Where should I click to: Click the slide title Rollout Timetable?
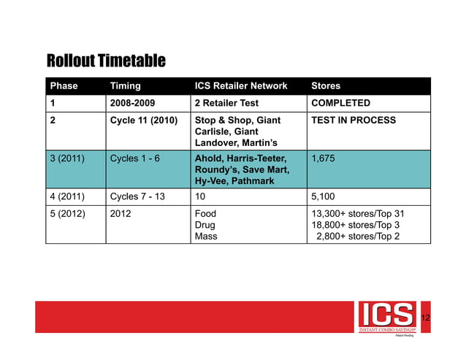pyautogui.click(x=106, y=59)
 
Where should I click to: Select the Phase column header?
pyautogui.click(x=64, y=85)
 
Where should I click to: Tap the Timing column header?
pyautogui.click(x=125, y=85)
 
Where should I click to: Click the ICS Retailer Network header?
pyautogui.click(x=241, y=85)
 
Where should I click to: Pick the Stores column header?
pyautogui.click(x=326, y=85)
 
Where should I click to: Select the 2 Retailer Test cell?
pyautogui.click(x=229, y=103)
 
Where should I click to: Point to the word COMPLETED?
pyautogui.click(x=341, y=103)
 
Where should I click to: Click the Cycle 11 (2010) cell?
pyautogui.click(x=143, y=120)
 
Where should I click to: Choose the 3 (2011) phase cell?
pyautogui.click(x=68, y=158)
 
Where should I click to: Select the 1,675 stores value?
pyautogui.click(x=324, y=158)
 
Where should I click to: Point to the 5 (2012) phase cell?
pyautogui.click(x=68, y=213)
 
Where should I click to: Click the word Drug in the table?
pyautogui.click(x=205, y=225)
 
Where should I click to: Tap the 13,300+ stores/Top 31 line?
pyautogui.click(x=358, y=213)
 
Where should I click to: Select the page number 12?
pyautogui.click(x=425, y=318)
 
